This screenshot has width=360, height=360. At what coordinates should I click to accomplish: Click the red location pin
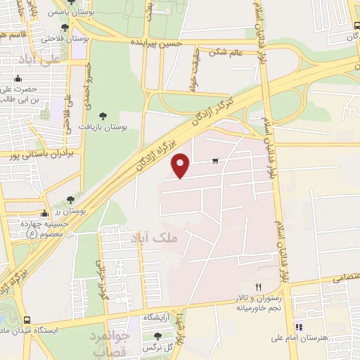point(181,165)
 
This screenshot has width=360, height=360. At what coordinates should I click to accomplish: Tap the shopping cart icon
point(215,161)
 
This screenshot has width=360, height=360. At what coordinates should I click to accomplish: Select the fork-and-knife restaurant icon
point(258,287)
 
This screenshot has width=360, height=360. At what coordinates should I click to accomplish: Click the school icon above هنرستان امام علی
point(299,327)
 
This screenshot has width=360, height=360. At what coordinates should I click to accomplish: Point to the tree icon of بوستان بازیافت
point(103,115)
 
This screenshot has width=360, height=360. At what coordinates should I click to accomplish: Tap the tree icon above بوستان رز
point(70,200)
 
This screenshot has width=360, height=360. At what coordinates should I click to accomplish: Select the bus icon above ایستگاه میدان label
point(26,319)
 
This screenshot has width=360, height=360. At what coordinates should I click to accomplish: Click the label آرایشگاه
point(158,319)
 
